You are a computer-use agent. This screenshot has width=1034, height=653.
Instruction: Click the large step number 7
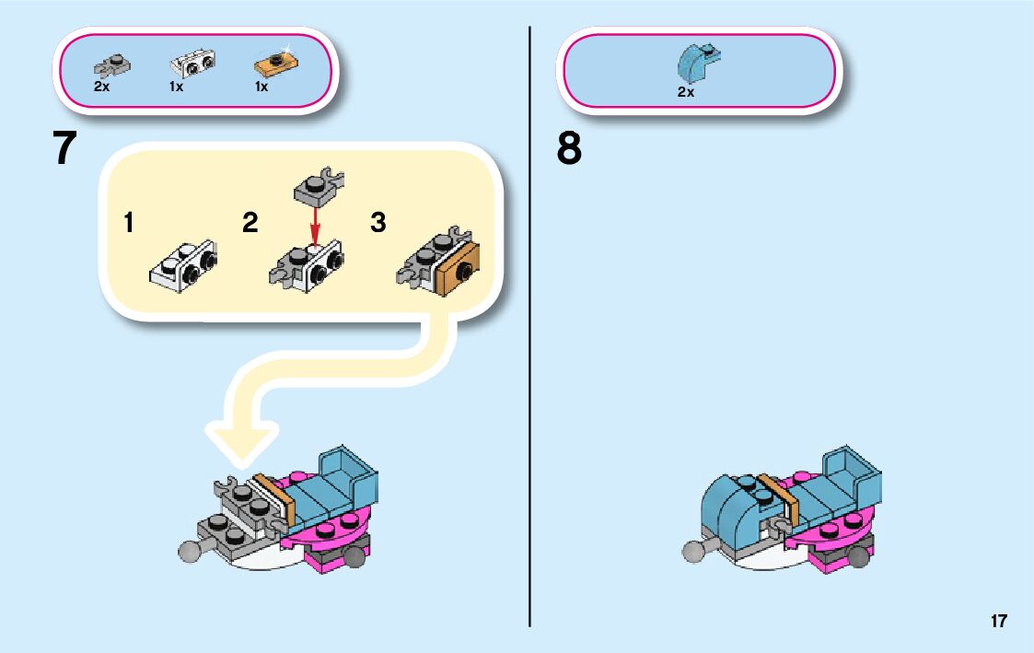(64, 149)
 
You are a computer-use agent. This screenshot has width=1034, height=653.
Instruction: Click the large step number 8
(569, 149)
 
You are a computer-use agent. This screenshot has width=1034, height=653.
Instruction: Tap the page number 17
(999, 621)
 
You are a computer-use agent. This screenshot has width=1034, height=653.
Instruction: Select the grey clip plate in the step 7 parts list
(112, 65)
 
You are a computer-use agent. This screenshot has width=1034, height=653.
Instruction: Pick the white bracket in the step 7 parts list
(192, 64)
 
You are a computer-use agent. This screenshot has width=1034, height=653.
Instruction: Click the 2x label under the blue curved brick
(685, 92)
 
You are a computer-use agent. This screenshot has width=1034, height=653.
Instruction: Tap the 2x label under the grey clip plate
(101, 87)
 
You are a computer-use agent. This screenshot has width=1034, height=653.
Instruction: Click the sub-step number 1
(129, 222)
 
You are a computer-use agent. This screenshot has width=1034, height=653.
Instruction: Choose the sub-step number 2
(250, 222)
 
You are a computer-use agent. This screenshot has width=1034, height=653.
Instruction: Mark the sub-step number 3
(378, 222)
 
